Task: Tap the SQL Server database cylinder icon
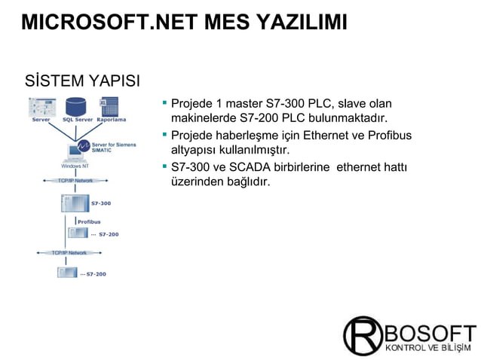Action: pos(76,105)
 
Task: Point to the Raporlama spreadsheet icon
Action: pos(110,105)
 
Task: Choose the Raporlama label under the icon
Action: pos(111,120)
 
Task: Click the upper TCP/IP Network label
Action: pos(75,182)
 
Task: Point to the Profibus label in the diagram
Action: pos(89,221)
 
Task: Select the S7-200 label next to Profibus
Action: pos(108,234)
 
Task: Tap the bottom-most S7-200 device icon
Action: pos(68,273)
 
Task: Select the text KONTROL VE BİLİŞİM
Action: pos(430,347)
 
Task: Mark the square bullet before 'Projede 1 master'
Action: pos(164,101)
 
